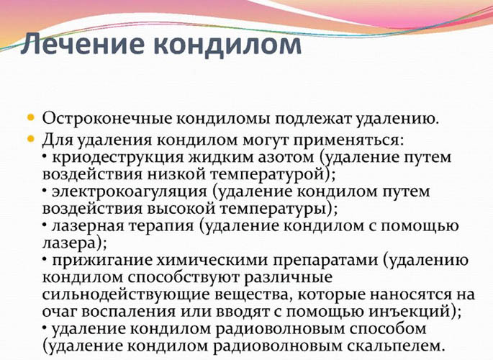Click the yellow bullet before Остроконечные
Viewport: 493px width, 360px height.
[x=32, y=116]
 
